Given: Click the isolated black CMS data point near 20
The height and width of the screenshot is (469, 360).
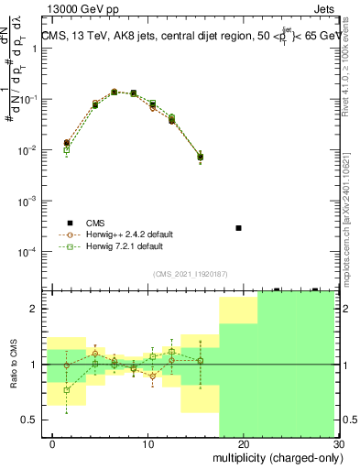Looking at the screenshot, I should (x=238, y=227).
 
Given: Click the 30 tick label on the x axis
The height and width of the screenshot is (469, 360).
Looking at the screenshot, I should (x=337, y=443).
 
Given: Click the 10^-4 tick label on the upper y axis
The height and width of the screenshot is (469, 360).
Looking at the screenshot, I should (x=31, y=251).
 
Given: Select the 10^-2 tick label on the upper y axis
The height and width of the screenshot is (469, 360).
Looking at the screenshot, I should (x=31, y=149).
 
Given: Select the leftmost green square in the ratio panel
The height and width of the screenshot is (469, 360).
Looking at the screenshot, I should (x=66, y=389).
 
